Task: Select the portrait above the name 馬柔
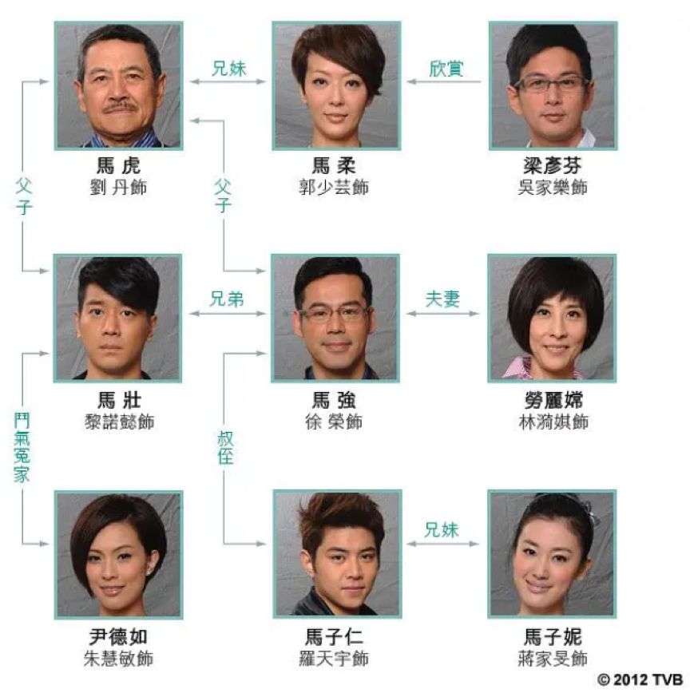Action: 335,85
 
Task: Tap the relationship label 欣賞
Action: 445,69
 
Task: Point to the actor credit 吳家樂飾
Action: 552,188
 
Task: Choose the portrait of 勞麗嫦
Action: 552,318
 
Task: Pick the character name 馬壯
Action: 118,400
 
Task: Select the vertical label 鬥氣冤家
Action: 22,447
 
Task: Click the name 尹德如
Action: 118,637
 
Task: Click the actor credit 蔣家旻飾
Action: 552,659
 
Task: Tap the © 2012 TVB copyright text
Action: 639,679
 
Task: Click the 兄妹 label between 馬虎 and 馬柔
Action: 228,69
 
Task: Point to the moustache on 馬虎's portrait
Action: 117,107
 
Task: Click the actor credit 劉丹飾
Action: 118,188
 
